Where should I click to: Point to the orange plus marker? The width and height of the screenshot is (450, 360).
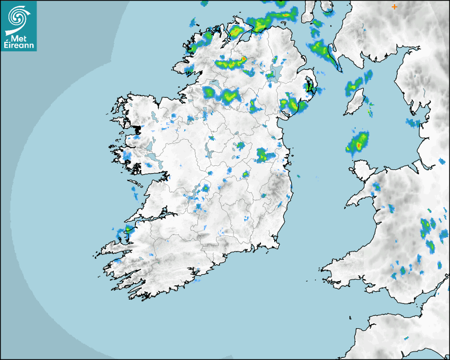(x=394, y=7)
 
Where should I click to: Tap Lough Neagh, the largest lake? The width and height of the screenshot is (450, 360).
(x=275, y=71)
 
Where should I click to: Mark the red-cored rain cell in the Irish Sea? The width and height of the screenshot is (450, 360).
(x=358, y=143)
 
